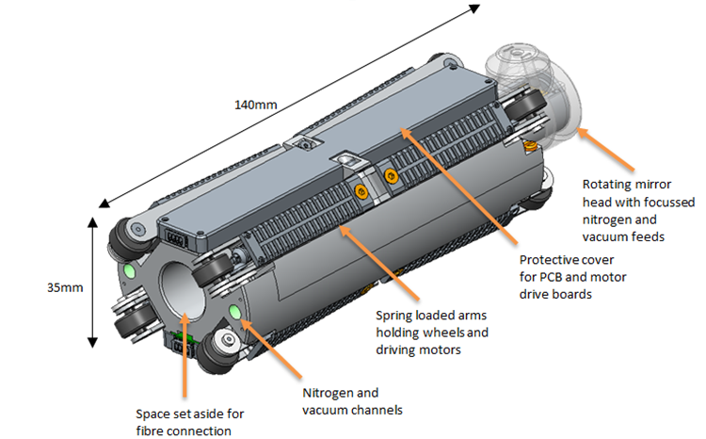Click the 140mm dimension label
click(x=255, y=105)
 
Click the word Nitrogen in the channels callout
click(x=328, y=393)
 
